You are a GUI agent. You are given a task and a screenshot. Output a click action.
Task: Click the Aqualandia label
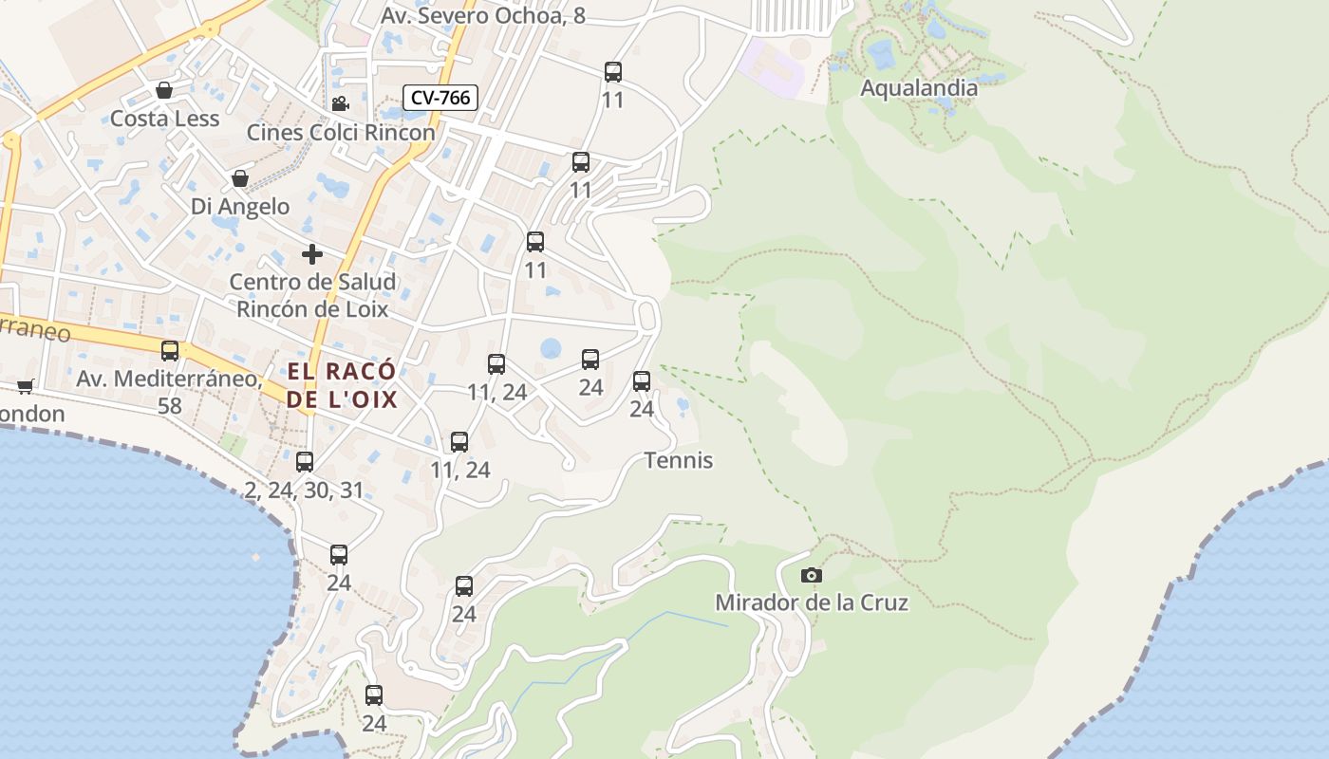[x=918, y=88]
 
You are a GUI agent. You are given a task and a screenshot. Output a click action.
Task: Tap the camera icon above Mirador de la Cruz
[x=811, y=575]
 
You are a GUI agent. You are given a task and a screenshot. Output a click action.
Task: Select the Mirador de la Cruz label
[x=811, y=602]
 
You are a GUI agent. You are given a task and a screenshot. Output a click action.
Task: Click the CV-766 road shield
[x=440, y=98]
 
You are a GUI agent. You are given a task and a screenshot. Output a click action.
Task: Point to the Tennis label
[x=678, y=460]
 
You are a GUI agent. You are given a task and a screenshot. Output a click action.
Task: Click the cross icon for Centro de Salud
[x=312, y=254]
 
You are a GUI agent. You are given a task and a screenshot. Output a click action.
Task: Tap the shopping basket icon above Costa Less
[x=164, y=91]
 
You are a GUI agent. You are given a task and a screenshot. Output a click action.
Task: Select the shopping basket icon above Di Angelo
[x=240, y=178]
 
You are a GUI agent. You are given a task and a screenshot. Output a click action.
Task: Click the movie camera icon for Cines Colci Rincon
[x=340, y=104]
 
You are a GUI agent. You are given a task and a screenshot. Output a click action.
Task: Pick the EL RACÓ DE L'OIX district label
[x=342, y=385]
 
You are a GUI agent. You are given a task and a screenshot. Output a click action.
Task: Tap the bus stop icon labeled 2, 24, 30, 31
[x=305, y=462]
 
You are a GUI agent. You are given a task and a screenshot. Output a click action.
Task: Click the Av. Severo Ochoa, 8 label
[x=482, y=16]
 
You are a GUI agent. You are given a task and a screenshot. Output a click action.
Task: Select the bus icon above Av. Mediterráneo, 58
[x=170, y=351]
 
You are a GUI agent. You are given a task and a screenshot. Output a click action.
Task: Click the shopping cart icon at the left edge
[x=25, y=386]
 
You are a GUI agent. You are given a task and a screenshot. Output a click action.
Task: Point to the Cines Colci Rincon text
[x=341, y=132]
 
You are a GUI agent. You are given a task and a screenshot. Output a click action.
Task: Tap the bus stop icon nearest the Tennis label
[x=642, y=381]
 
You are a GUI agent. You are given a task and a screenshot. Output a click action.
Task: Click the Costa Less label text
[x=164, y=119]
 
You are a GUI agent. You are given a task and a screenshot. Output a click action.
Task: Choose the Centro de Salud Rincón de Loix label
[x=312, y=295]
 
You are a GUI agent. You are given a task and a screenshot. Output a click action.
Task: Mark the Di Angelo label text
[x=240, y=206]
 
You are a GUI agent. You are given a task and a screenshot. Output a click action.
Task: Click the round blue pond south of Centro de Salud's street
[x=551, y=348]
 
